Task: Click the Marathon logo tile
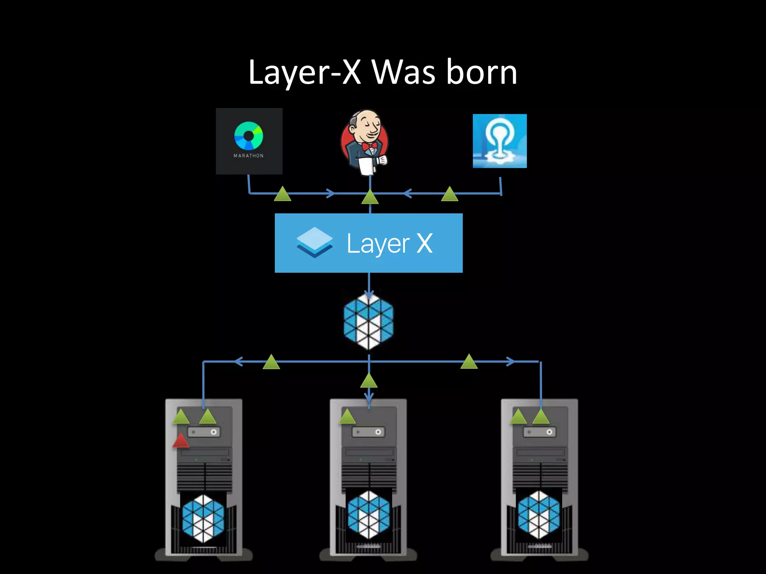(x=249, y=141)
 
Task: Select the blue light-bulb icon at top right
(x=500, y=141)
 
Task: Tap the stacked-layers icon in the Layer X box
(x=315, y=242)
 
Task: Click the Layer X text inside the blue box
(x=389, y=244)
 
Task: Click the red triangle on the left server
(x=181, y=441)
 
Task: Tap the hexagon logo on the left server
(x=203, y=518)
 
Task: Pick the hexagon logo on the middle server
(x=369, y=515)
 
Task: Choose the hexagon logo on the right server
(x=539, y=515)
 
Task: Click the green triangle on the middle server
(x=347, y=417)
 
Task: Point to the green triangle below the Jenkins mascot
(x=370, y=197)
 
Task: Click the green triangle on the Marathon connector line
(x=282, y=194)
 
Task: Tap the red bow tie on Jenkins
(x=370, y=146)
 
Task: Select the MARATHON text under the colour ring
(x=249, y=156)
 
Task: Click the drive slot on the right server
(x=539, y=432)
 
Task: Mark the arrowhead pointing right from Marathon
(x=331, y=193)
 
